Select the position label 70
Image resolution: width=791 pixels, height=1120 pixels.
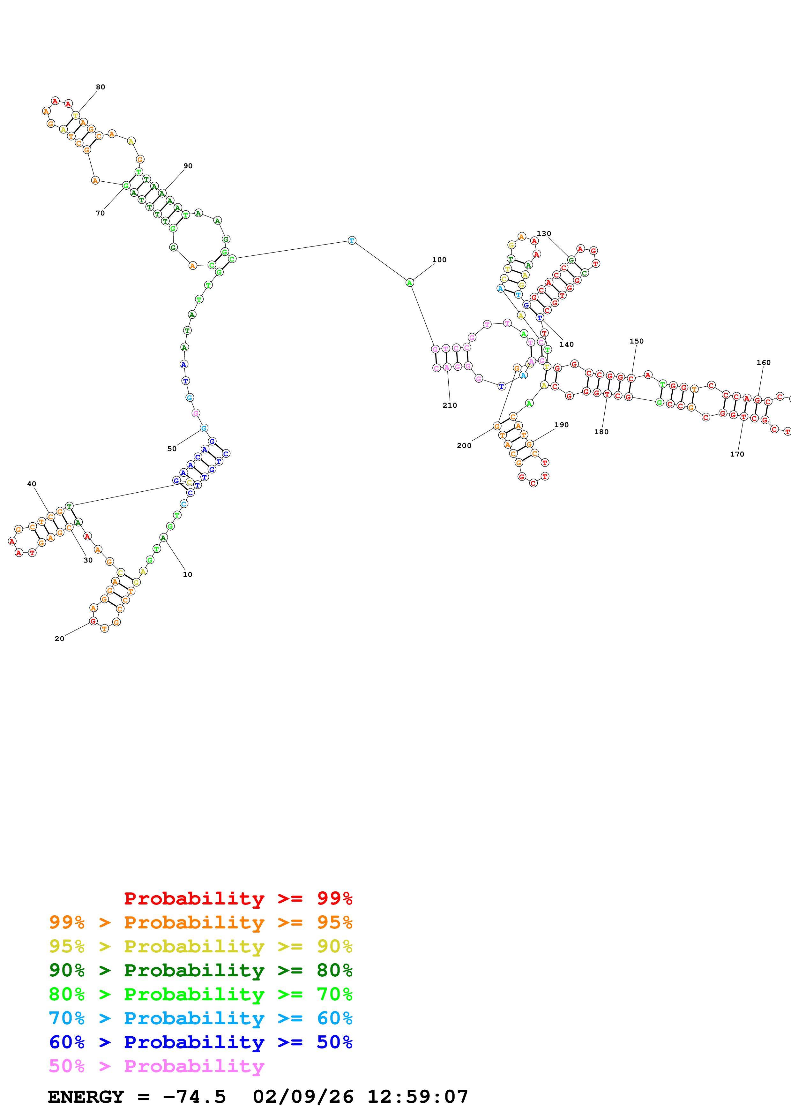[x=100, y=213]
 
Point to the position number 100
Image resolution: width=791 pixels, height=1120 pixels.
[x=439, y=260]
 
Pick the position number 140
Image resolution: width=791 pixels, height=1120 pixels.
[x=566, y=344]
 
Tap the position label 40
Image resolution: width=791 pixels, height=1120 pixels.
[x=31, y=484]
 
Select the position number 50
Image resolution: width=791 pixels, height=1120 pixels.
[x=172, y=449]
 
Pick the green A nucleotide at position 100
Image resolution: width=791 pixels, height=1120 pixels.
[x=409, y=283]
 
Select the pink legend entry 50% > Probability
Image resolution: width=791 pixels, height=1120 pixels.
[x=156, y=1067]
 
